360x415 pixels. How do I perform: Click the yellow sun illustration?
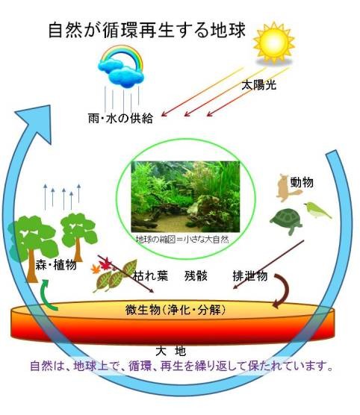274,43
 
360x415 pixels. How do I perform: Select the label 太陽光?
259,85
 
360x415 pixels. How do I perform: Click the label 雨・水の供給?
120,119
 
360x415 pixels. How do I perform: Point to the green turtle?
286,221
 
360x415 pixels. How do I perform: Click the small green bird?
317,210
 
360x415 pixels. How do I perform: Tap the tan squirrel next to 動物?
288,187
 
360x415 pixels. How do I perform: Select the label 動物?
302,182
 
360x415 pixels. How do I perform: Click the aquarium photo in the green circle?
186,196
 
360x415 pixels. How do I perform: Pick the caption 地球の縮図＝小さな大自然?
182,240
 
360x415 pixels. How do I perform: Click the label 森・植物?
56,265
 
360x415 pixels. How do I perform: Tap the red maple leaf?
105,264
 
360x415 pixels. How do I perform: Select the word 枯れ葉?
150,276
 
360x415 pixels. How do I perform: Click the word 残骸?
196,276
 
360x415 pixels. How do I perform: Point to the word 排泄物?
250,276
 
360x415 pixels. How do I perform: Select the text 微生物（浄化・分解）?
176,310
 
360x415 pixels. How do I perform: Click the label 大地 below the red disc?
171,352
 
